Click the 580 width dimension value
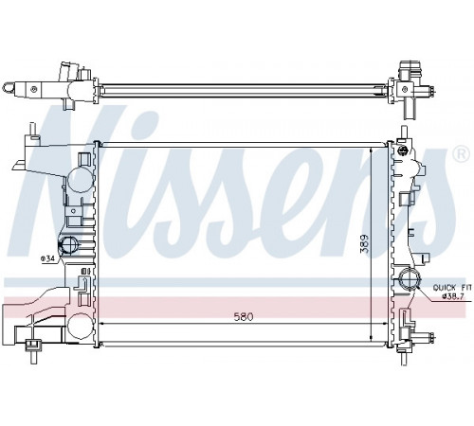click(244, 316)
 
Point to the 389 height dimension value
click(365, 243)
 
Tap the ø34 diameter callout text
click(47, 258)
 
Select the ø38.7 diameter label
click(452, 296)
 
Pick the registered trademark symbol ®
click(462, 154)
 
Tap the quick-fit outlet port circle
click(410, 279)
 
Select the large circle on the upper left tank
click(81, 179)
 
